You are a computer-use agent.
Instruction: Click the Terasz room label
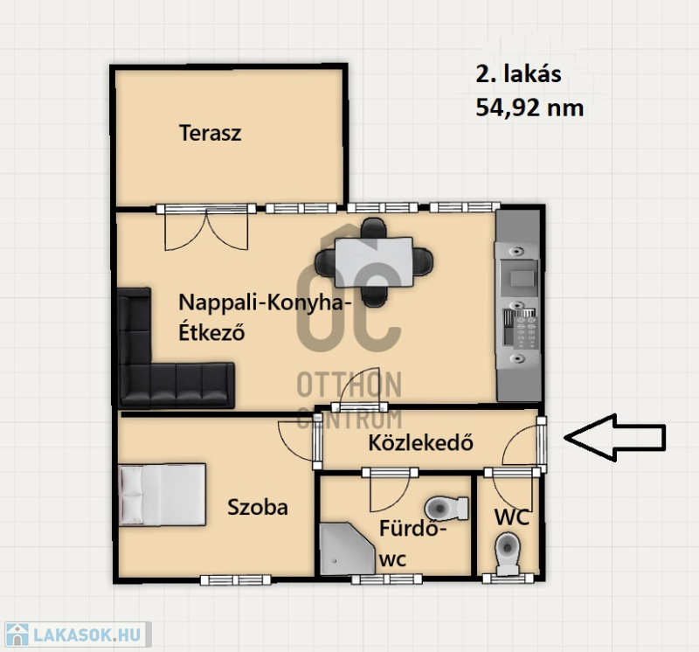(210, 133)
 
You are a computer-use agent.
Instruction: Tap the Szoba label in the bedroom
(258, 508)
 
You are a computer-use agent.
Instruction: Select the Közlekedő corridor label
(421, 442)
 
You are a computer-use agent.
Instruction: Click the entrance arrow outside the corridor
(615, 438)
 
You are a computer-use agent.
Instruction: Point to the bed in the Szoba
(163, 495)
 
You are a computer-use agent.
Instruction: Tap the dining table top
(374, 262)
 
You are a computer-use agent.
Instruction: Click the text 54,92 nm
(529, 108)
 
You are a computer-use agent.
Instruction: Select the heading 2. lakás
(518, 74)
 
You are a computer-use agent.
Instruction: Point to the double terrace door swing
(206, 231)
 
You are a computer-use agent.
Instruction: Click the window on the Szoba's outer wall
(235, 579)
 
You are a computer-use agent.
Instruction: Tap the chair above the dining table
(374, 227)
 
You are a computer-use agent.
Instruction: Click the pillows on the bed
(131, 495)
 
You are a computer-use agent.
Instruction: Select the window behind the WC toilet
(509, 579)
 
